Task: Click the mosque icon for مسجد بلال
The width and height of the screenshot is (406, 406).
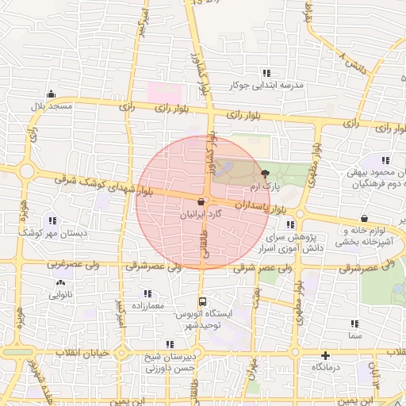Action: point(51,94)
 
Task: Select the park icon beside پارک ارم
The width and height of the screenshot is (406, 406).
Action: point(265,173)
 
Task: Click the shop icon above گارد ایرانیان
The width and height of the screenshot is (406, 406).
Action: point(201,202)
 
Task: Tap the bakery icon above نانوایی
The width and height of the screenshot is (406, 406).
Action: point(60,282)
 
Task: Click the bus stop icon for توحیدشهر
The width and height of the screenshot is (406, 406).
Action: point(202,302)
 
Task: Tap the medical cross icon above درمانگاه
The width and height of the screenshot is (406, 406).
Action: point(325,355)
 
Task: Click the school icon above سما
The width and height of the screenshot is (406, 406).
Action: point(354,324)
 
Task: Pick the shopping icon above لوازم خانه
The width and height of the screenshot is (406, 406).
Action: point(364,218)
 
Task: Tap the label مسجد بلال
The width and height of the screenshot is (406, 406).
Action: point(52,105)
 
